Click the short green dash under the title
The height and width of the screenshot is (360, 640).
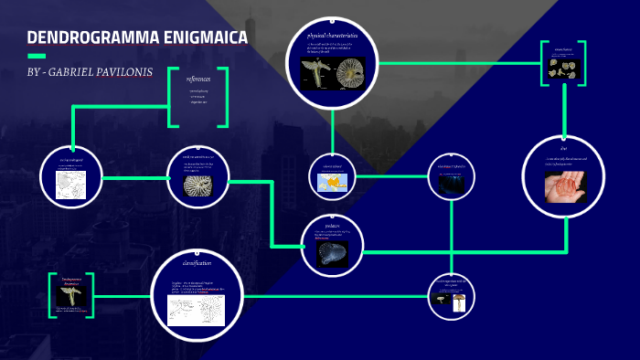click(x=37, y=56)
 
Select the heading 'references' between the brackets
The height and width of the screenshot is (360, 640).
click(x=197, y=79)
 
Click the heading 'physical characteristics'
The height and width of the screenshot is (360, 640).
click(x=332, y=35)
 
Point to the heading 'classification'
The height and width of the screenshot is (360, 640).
click(x=197, y=263)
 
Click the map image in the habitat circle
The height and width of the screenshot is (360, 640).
click(x=332, y=184)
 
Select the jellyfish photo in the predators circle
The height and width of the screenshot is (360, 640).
click(x=332, y=253)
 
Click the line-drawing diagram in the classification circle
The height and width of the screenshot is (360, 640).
click(x=197, y=309)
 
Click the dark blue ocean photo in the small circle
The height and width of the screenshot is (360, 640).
click(x=452, y=184)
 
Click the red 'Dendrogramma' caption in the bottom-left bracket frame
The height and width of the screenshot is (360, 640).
click(x=72, y=281)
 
